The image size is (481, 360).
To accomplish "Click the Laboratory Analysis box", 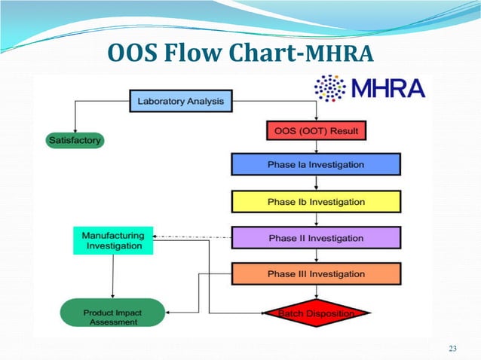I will click(181, 100).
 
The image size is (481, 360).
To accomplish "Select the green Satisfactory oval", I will click(75, 140).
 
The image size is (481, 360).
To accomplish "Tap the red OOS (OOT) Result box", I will click(316, 131).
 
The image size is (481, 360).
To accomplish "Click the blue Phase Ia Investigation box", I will click(316, 165).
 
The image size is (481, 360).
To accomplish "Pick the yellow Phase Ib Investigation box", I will click(316, 202).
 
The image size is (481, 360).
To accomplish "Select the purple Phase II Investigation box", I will click(316, 238).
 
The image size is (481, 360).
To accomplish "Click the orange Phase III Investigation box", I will click(316, 274).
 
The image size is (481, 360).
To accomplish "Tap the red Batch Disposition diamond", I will click(316, 313).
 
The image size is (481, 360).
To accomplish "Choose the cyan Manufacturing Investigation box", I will click(113, 240).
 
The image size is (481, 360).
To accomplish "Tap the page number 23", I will click(452, 348).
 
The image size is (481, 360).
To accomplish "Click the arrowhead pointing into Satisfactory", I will click(75, 129).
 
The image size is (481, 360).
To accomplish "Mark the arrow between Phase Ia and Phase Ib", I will click(316, 183).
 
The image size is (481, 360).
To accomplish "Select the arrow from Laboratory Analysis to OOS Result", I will click(316, 113).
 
